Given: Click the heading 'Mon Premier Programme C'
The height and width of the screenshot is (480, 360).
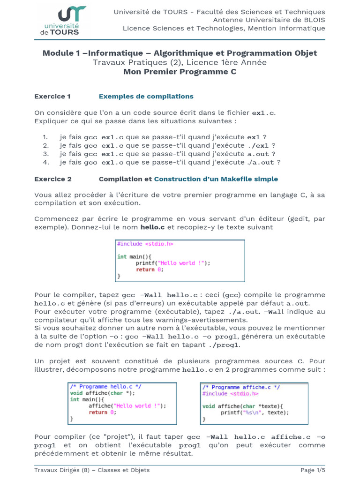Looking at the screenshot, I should coord(180,72).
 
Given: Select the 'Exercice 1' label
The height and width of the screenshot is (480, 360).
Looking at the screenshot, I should coord(52,96).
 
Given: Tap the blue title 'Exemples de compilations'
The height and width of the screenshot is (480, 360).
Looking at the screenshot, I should coord(146,96).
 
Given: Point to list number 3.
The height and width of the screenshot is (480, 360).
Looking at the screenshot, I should coord(45,154).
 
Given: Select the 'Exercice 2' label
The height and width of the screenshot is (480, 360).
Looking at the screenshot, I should coord(53,179).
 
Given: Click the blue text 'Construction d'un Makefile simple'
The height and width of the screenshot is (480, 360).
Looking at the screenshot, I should coord(216,179).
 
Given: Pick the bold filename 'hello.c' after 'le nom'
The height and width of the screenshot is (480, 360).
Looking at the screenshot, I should coord(152,227).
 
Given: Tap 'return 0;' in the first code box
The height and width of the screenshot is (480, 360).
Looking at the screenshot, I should coord(150,270).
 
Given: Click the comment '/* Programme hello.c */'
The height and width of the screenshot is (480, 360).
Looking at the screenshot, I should coord(106,387).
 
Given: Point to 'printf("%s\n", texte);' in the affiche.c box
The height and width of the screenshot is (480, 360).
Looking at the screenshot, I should coord(255,412).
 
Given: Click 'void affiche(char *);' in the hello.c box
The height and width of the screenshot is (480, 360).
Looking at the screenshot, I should coord(101,393).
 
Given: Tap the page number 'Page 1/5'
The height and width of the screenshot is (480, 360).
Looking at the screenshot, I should coord(313,470).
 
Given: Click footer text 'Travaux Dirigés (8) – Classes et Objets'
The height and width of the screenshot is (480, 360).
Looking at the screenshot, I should coord(92,470).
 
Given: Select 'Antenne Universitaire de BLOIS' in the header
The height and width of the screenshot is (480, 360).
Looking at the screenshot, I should coord(269,20).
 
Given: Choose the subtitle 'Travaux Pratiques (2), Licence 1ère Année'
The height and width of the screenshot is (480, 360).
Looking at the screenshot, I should coord(180,62).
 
